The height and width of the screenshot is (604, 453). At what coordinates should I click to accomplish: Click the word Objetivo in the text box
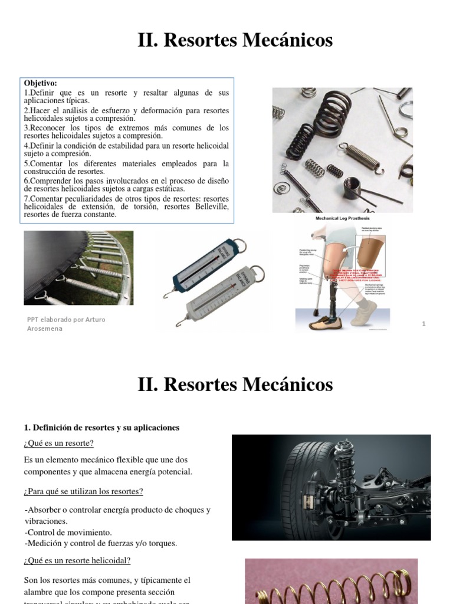[x=41, y=84]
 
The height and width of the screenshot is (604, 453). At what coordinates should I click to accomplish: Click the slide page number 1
[x=424, y=324]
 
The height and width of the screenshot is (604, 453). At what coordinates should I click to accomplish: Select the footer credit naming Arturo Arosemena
[x=66, y=324]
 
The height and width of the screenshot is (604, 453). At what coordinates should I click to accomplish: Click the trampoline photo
[x=78, y=268]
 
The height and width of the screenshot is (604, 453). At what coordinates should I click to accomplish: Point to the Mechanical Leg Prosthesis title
[x=342, y=218]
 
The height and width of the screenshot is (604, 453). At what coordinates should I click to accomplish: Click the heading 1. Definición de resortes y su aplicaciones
[x=101, y=427]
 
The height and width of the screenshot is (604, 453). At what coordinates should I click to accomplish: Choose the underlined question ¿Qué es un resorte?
[x=59, y=443]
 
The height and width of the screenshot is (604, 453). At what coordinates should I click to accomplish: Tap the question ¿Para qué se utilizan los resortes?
[x=84, y=491]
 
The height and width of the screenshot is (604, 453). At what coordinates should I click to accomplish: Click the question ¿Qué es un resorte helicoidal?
[x=77, y=560]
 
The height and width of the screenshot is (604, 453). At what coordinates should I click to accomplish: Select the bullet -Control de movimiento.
[x=68, y=532]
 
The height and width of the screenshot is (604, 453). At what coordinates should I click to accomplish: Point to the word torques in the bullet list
[x=163, y=543]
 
